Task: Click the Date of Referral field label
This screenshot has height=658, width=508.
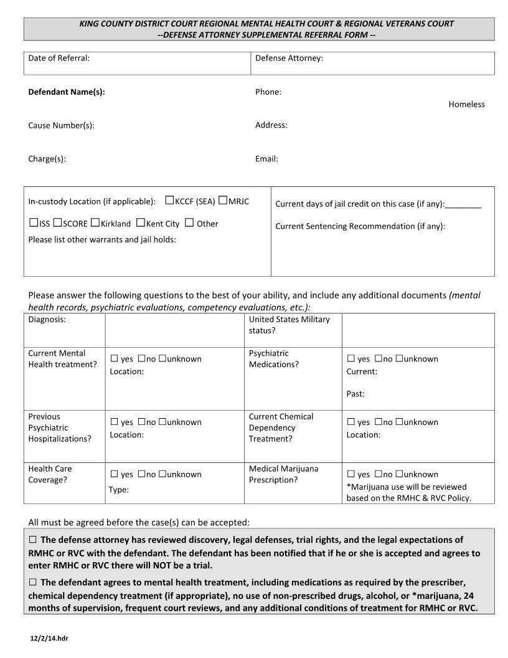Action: click(x=59, y=58)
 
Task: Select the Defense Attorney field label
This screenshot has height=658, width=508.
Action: click(x=289, y=58)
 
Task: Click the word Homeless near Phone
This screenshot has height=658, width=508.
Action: click(x=466, y=104)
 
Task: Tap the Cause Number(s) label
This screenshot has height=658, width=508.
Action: click(x=61, y=125)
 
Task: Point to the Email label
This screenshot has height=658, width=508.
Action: click(x=266, y=159)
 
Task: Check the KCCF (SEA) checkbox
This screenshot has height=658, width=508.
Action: click(x=169, y=201)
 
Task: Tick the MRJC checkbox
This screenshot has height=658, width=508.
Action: click(x=223, y=201)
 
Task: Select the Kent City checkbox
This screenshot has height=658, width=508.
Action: click(x=141, y=222)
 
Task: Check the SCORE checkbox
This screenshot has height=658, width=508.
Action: click(x=57, y=222)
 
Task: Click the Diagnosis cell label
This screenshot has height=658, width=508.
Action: click(x=47, y=320)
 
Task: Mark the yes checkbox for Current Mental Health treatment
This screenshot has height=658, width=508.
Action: click(x=114, y=358)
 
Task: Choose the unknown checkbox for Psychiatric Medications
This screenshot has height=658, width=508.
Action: click(x=399, y=358)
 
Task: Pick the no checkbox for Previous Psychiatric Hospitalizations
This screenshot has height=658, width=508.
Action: click(x=141, y=422)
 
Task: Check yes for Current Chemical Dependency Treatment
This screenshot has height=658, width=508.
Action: click(x=350, y=422)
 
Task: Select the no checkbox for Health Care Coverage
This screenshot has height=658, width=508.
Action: click(x=141, y=474)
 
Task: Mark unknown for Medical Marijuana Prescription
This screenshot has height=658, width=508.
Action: click(x=399, y=474)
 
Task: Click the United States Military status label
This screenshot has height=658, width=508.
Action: click(x=289, y=325)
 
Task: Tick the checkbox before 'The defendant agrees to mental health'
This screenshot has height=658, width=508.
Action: click(x=33, y=582)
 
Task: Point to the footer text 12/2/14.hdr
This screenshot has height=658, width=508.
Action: click(x=49, y=639)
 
